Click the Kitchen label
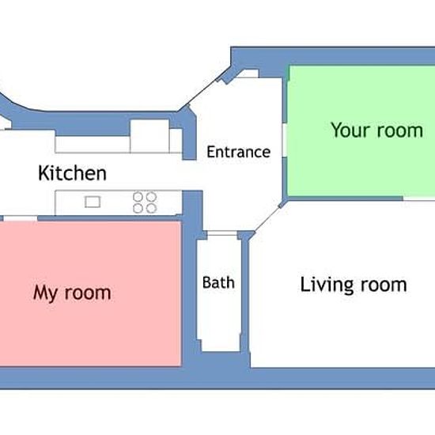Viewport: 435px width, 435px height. click(x=72, y=173)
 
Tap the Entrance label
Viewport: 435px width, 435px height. click(x=239, y=152)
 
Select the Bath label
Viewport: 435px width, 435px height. click(x=218, y=282)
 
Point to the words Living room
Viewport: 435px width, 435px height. click(x=354, y=286)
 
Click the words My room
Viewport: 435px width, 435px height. click(x=72, y=293)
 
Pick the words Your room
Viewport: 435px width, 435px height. click(x=376, y=130)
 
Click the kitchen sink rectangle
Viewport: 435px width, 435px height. click(x=93, y=202)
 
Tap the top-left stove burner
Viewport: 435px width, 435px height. click(x=138, y=197)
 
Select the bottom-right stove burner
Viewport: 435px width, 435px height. click(x=152, y=208)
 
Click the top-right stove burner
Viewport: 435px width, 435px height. click(x=152, y=197)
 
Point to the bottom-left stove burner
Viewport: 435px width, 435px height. click(x=138, y=208)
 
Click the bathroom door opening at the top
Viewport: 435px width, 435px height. click(x=222, y=233)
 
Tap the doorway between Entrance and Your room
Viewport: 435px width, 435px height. click(x=285, y=140)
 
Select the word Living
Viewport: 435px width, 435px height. click(x=322, y=286)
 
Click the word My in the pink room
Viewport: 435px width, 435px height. click(x=45, y=293)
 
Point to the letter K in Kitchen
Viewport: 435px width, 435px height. click(x=43, y=173)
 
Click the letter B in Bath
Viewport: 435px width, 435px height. click(x=207, y=282)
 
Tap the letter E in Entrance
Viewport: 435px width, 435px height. click(x=211, y=152)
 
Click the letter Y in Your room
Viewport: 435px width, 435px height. click(x=336, y=130)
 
